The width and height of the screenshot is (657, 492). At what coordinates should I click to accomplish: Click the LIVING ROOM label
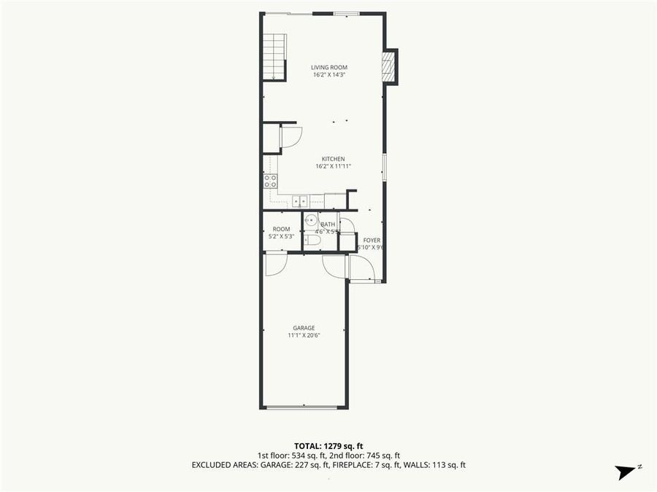328,67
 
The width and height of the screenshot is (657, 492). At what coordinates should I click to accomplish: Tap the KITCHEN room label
334,159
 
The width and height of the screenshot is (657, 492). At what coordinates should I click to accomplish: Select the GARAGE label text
304,328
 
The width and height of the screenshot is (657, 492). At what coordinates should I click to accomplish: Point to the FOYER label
372,240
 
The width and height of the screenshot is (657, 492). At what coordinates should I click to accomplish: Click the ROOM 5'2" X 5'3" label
281,229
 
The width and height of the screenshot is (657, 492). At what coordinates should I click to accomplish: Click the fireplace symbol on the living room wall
389,67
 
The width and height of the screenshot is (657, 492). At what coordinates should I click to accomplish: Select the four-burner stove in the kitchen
270,181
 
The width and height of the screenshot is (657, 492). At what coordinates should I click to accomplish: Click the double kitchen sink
300,201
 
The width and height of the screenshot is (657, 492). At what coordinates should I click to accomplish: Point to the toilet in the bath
312,240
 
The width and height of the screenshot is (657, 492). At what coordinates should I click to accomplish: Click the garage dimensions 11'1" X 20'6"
304,335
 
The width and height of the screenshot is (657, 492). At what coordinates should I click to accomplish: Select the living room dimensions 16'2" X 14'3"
328,74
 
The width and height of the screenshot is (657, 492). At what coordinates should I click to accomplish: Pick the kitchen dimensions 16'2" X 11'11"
334,166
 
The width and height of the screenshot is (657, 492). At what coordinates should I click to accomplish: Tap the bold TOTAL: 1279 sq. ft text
328,445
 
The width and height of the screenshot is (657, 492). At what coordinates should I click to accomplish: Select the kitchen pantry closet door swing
290,136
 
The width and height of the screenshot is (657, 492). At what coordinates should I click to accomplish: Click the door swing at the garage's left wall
275,264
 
